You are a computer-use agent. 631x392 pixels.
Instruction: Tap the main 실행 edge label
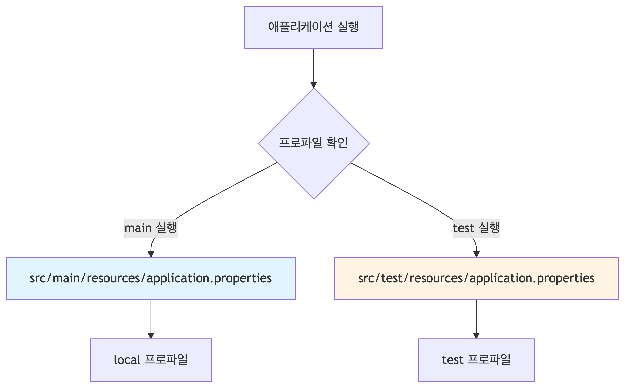[151, 228]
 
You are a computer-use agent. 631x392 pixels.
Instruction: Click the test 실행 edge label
[476, 228]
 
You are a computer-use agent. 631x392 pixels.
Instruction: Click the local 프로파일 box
[151, 360]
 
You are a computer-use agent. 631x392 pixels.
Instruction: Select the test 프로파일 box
[476, 360]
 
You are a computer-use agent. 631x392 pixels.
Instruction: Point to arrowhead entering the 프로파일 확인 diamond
[314, 85]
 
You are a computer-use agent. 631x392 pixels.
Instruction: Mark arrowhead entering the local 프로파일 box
[151, 335]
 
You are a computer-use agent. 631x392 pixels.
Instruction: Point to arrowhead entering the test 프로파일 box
[476, 335]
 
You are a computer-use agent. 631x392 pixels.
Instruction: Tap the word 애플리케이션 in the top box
[300, 27]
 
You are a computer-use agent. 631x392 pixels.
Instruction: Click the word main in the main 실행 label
[138, 228]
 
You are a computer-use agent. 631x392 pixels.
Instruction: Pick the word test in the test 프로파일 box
[452, 360]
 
